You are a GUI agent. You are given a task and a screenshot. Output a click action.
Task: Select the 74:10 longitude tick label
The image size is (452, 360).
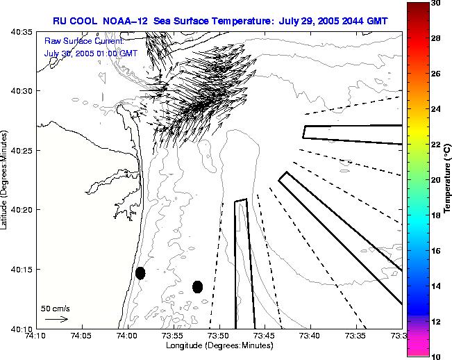36,336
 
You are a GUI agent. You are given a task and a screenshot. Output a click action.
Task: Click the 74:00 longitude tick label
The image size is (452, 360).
127,336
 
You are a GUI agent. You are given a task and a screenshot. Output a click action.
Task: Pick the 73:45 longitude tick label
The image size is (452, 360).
265,336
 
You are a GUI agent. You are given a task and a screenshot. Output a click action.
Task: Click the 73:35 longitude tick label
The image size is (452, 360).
355,336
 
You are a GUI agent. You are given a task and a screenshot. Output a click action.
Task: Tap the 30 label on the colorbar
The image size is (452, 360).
434,3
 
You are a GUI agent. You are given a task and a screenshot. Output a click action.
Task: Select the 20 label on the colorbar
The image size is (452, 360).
434,180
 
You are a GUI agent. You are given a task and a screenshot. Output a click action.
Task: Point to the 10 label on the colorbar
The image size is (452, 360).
434,356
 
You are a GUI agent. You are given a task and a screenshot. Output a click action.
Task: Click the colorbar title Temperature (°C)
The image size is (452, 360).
448,179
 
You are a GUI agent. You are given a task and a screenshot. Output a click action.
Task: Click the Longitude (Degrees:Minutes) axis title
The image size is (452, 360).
219,346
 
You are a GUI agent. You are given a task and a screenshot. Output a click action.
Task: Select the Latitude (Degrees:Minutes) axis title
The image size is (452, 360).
6,179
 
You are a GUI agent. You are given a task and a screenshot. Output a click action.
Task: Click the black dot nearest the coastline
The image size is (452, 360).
140,273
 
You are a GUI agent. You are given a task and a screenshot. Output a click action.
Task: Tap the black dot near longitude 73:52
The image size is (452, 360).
197,286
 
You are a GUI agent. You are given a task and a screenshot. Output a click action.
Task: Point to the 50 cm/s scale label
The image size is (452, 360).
56,308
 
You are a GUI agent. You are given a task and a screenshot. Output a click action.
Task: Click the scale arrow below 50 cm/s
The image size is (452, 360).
56,319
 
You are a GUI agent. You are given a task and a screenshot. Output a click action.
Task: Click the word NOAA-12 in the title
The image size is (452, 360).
130,20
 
